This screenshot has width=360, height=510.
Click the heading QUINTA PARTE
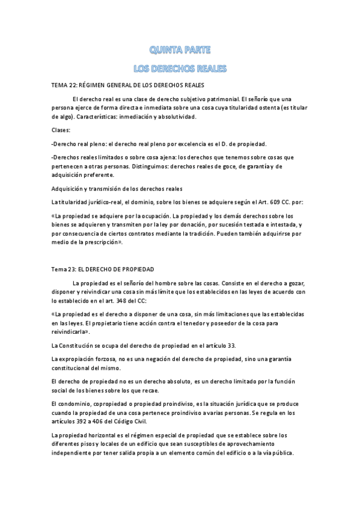point(180,49)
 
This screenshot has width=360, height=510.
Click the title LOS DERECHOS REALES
point(180,69)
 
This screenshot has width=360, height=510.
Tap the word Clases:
point(61,129)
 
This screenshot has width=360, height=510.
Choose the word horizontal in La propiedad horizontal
point(109,435)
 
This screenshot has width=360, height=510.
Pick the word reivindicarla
point(71,331)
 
